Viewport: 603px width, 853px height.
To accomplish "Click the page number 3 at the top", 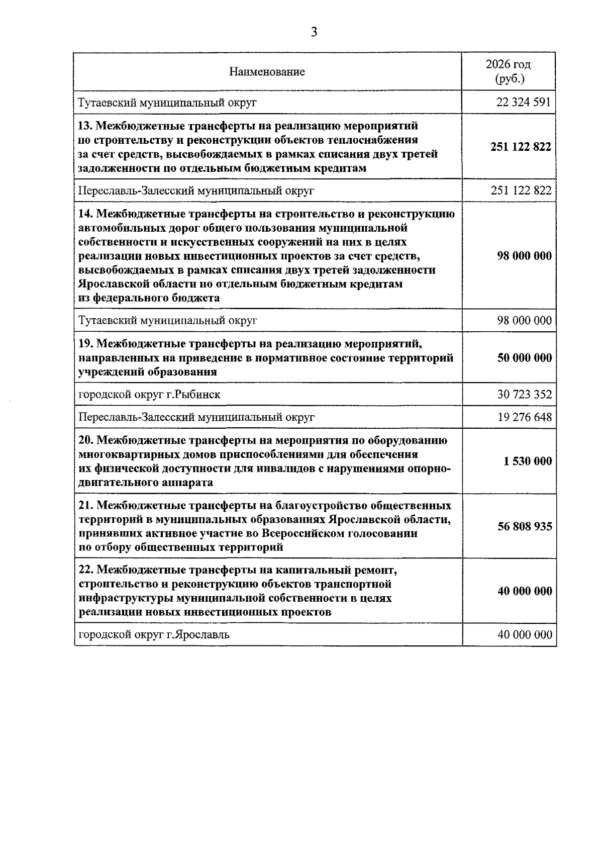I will [x=314, y=33].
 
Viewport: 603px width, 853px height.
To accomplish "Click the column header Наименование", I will [x=267, y=72].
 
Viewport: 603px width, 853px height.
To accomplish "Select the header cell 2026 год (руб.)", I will [x=508, y=71].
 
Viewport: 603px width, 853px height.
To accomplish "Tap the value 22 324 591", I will [x=524, y=103].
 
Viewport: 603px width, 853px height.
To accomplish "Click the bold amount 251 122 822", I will [x=521, y=147].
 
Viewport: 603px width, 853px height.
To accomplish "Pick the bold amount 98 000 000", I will [x=524, y=256].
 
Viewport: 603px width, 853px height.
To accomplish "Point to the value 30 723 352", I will [x=524, y=395].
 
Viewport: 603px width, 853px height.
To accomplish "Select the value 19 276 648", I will [x=524, y=417].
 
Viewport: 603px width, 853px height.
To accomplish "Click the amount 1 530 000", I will [x=528, y=461].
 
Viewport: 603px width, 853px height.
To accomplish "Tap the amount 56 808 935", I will [x=525, y=526].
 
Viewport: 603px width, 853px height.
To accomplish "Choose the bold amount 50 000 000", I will [x=524, y=358].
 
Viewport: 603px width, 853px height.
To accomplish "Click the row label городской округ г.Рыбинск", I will [x=149, y=395].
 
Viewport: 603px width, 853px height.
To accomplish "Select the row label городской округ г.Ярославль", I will [x=154, y=635].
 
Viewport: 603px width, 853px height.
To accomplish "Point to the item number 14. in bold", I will [x=85, y=214].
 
